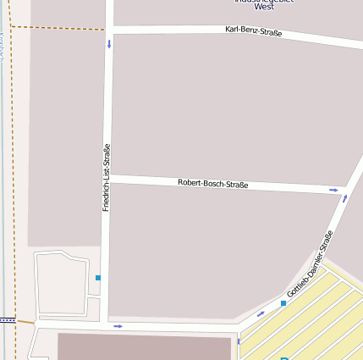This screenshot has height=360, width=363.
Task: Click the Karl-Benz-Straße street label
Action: pyautogui.click(x=253, y=31)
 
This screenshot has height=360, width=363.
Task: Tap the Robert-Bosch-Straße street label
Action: pyautogui.click(x=212, y=183)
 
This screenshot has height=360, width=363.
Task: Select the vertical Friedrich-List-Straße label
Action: pyautogui.click(x=106, y=178)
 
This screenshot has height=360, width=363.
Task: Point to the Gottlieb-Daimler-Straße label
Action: pyautogui.click(x=310, y=263)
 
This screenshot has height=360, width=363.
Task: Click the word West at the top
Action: pyautogui.click(x=264, y=7)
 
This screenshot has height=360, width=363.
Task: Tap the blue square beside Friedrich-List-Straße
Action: pyautogui.click(x=98, y=278)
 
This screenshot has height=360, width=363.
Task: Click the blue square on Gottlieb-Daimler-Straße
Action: pyautogui.click(x=283, y=302)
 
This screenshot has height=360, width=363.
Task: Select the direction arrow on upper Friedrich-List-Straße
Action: pyautogui.click(x=109, y=43)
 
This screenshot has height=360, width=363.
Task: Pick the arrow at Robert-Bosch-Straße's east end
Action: pyautogui.click(x=333, y=190)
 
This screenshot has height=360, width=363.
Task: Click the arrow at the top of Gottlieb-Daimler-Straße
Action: pyautogui.click(x=344, y=199)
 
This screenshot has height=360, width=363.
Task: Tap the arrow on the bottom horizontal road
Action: pyautogui.click(x=118, y=325)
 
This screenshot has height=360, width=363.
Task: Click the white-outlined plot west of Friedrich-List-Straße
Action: pyautogui.click(x=62, y=284)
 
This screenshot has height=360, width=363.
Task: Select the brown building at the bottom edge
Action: pyautogui.click(x=144, y=346)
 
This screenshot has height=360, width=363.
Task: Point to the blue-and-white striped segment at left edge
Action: pyautogui.click(x=8, y=320)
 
